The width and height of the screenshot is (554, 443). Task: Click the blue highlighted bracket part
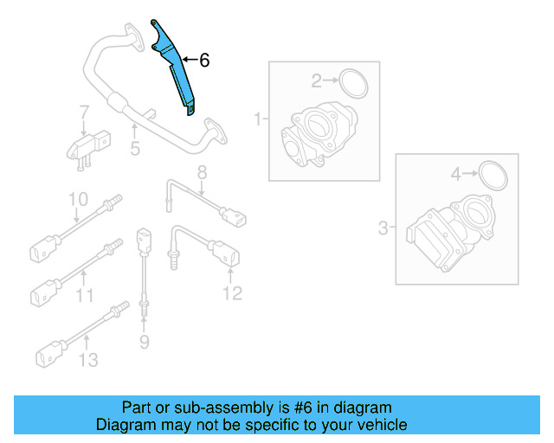point(177,69)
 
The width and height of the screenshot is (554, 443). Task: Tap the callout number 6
point(204,61)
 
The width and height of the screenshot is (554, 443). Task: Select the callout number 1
point(257,118)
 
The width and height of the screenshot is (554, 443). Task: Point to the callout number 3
point(383,228)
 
